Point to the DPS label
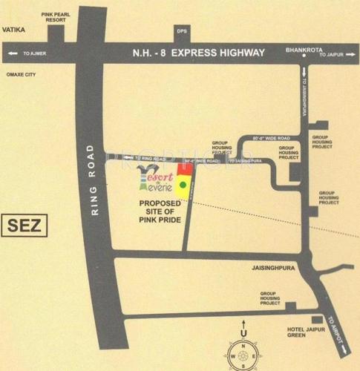coord(181,32)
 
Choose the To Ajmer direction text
coord(33,53)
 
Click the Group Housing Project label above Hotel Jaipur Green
coord(270,298)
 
